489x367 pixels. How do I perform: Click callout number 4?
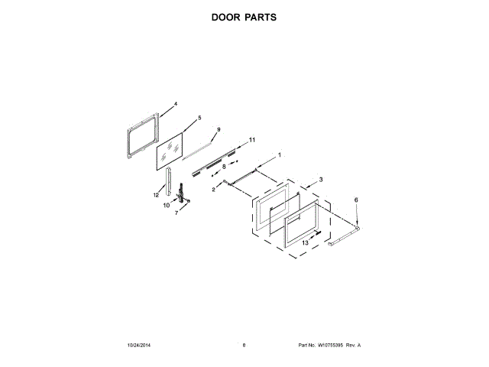[175, 103]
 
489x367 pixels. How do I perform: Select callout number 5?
[199, 118]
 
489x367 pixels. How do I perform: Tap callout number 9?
[219, 130]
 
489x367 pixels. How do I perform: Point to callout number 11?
[252, 140]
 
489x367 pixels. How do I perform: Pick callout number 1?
[279, 155]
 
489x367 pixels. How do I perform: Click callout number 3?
[321, 179]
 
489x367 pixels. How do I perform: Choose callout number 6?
[355, 200]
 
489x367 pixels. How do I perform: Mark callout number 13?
[305, 242]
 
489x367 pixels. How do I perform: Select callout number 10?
[166, 205]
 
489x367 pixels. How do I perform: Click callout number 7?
[176, 213]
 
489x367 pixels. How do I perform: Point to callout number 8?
[224, 166]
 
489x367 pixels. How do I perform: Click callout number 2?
[213, 189]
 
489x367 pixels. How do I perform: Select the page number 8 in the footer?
[244, 346]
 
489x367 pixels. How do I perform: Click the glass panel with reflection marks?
[173, 151]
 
